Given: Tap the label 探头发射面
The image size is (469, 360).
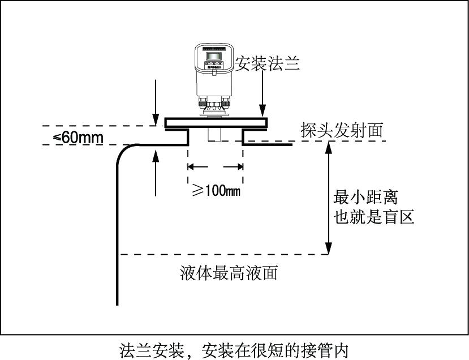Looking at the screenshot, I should pyautogui.click(x=342, y=130).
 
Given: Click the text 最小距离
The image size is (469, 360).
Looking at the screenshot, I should pyautogui.click(x=366, y=198).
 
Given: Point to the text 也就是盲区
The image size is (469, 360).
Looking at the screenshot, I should pyautogui.click(x=374, y=217).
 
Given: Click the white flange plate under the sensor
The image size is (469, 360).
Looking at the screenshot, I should pyautogui.click(x=215, y=122).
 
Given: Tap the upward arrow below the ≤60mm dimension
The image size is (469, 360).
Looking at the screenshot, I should pyautogui.click(x=156, y=170).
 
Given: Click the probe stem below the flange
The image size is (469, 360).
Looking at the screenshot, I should pyautogui.click(x=215, y=135).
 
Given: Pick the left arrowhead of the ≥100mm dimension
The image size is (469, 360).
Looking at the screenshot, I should pyautogui.click(x=191, y=167).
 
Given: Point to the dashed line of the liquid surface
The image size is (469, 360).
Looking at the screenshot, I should pyautogui.click(x=226, y=255).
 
